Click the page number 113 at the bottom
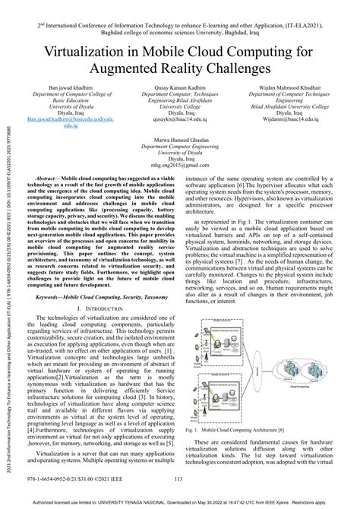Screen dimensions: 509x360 (x=180, y=479)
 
